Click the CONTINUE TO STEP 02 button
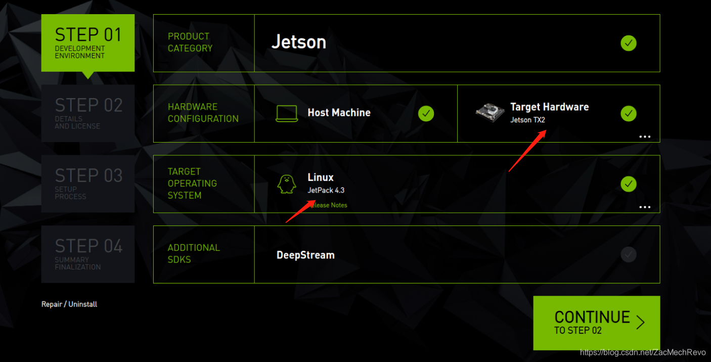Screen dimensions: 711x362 click(x=596, y=323)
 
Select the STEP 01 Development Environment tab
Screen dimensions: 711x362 click(x=88, y=43)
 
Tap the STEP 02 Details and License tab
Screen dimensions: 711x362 click(x=88, y=113)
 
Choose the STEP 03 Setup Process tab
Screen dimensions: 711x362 click(x=88, y=184)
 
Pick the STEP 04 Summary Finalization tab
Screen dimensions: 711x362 click(x=88, y=254)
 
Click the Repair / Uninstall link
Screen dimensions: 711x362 click(x=69, y=304)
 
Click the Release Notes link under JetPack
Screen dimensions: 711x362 click(x=329, y=205)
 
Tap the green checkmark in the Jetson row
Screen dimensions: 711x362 click(x=628, y=43)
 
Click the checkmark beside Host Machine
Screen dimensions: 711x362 click(x=426, y=114)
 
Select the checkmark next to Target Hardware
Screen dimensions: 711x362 click(x=628, y=114)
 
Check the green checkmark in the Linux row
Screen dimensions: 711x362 click(x=628, y=184)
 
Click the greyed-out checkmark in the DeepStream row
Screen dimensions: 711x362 click(x=628, y=254)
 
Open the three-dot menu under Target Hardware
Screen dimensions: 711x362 click(x=644, y=137)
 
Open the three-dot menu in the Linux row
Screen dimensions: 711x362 click(x=644, y=207)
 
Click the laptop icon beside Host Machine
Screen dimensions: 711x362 click(x=287, y=114)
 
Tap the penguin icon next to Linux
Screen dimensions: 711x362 click(x=287, y=184)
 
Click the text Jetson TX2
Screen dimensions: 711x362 click(x=527, y=120)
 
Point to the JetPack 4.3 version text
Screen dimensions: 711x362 click(x=326, y=191)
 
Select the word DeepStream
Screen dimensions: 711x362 click(x=305, y=255)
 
